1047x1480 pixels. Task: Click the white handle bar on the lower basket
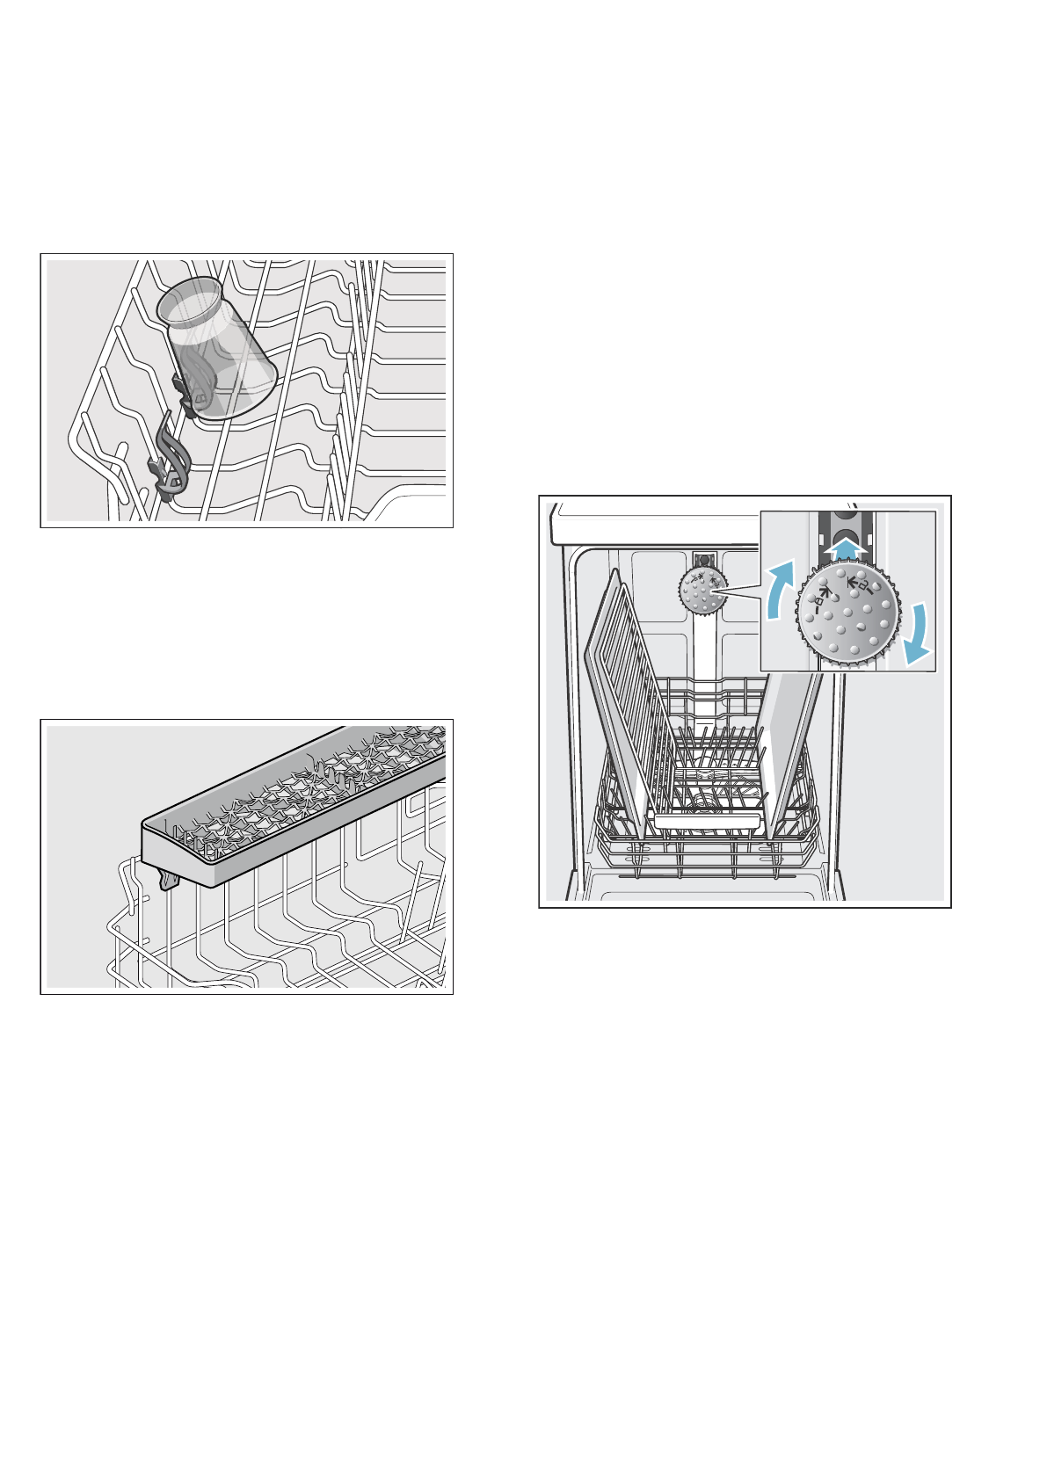tap(707, 821)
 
